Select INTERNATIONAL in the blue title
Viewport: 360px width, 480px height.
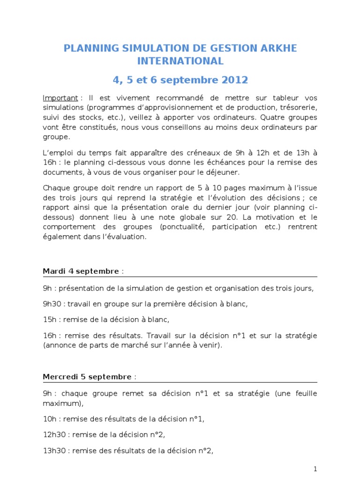pos(180,61)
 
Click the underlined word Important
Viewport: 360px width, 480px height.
pos(60,98)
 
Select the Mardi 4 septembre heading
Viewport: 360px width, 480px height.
pos(81,271)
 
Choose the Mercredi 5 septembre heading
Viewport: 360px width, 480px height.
pos(87,376)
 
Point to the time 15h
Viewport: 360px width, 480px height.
pos(49,320)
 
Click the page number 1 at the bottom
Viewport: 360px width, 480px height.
pos(315,469)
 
